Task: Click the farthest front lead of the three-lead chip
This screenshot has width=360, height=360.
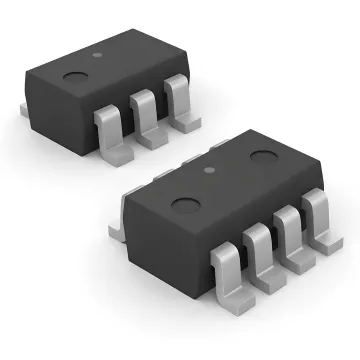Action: tap(177, 96)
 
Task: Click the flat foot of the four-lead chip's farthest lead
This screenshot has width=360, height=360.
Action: tap(330, 241)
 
